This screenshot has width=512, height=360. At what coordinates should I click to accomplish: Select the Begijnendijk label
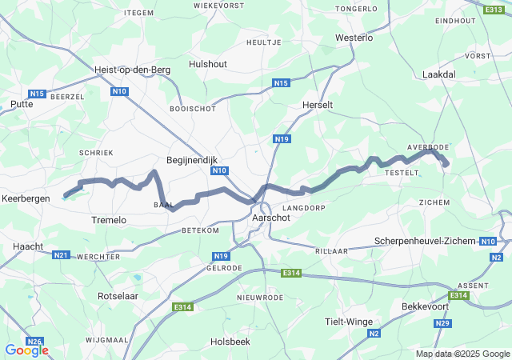point(191,160)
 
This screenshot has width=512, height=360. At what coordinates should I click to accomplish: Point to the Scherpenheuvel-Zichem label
point(425,241)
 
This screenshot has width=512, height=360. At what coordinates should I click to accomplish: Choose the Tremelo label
point(109,220)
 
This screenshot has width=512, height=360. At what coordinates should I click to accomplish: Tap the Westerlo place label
point(354,38)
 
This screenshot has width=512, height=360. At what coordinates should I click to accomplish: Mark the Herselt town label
point(318,105)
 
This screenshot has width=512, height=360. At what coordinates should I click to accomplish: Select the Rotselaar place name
point(118,295)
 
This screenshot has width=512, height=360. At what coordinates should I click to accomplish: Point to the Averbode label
point(429,147)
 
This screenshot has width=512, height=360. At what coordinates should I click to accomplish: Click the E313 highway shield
point(494,9)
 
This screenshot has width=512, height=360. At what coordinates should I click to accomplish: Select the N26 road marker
point(34,342)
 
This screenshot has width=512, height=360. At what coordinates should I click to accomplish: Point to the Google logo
point(26,350)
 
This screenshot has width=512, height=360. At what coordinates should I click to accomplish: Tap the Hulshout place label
point(208,64)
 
